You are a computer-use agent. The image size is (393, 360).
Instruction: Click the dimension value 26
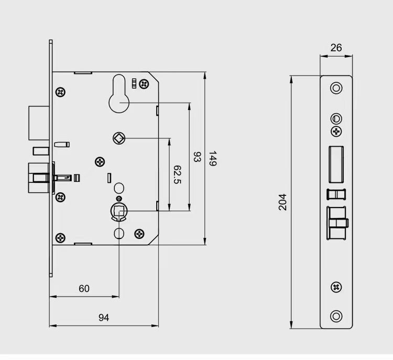(x=336, y=48)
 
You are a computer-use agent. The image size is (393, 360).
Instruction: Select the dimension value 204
(x=283, y=202)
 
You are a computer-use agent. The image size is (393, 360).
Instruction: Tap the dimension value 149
(x=213, y=159)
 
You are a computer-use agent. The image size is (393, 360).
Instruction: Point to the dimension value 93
(x=198, y=157)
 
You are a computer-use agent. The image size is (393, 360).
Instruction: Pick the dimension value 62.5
(x=177, y=174)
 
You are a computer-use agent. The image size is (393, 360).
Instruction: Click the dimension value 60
(x=84, y=289)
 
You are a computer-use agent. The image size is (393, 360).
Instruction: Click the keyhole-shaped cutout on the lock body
(x=120, y=94)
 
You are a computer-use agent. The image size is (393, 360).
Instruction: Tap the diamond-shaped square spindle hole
(x=119, y=138)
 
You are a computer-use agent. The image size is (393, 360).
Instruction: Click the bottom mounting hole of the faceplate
(x=336, y=316)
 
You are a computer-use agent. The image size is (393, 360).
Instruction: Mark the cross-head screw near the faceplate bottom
(x=336, y=287)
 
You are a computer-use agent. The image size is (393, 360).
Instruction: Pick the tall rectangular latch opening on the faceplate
(x=336, y=163)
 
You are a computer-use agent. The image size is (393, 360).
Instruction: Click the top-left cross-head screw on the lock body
(x=61, y=93)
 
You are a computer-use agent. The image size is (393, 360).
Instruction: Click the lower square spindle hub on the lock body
(x=119, y=211)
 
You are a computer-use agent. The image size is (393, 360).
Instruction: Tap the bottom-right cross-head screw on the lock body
(x=139, y=233)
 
